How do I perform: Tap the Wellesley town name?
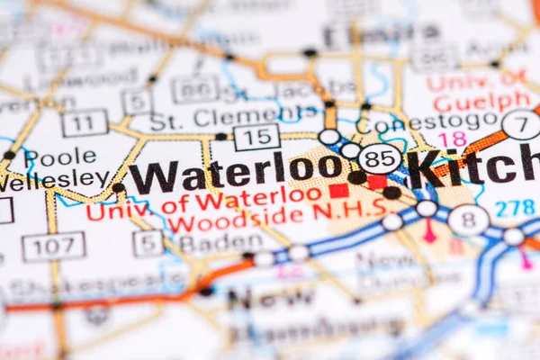pos(54,179)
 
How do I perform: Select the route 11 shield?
pos(85,123)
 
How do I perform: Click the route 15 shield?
pos(256,137)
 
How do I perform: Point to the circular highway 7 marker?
pos(522,124)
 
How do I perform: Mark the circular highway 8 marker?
pos(468,220)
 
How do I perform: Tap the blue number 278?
pos(514,207)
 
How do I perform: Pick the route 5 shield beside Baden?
pos(148,242)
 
